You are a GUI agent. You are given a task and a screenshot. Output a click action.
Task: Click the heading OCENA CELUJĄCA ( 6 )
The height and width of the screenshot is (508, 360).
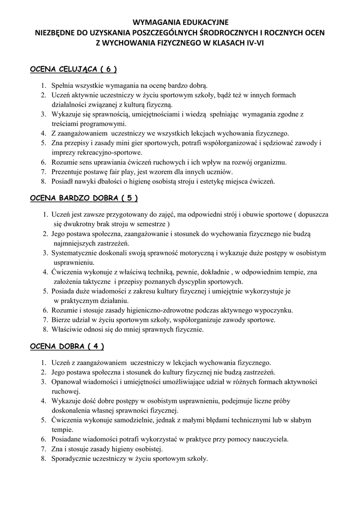(74, 69)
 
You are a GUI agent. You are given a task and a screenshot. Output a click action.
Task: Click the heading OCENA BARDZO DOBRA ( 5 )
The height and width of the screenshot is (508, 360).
(84, 198)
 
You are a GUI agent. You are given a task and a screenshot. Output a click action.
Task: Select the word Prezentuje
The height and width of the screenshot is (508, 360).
(67, 172)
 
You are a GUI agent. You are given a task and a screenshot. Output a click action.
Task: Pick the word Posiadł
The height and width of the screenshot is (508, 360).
(63, 181)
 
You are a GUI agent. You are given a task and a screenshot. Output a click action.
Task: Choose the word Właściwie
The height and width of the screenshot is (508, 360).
(66, 329)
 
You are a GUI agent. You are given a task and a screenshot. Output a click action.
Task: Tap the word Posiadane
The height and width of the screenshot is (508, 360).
(67, 439)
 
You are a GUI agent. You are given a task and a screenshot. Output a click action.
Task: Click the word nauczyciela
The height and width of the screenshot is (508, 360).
(271, 439)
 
